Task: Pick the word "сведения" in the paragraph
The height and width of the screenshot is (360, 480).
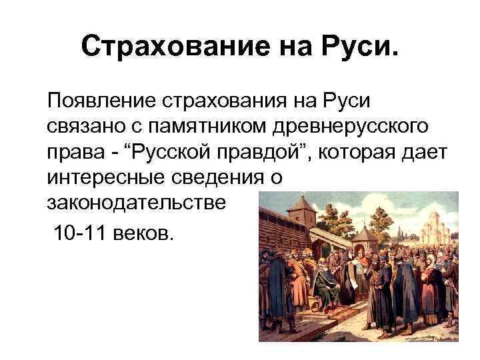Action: (223, 176)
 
